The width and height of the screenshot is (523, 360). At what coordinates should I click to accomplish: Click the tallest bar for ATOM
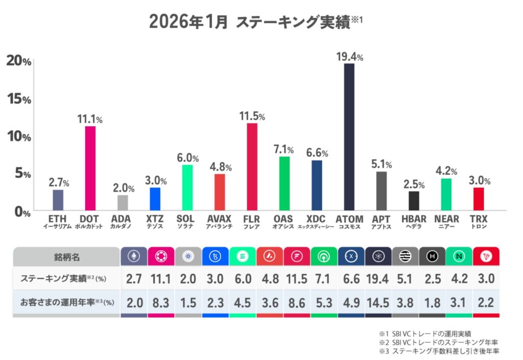pyautogui.click(x=349, y=136)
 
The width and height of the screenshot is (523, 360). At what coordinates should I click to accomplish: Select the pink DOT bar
pyautogui.click(x=90, y=168)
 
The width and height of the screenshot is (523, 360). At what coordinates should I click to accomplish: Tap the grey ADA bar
pyautogui.click(x=123, y=202)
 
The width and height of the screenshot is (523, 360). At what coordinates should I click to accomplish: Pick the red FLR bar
pyautogui.click(x=252, y=166)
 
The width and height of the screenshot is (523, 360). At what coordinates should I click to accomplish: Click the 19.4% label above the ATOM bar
pyautogui.click(x=349, y=57)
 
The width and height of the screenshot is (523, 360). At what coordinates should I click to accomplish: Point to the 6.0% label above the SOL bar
pyautogui.click(x=187, y=158)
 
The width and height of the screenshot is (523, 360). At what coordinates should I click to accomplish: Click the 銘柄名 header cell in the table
pyautogui.click(x=66, y=257)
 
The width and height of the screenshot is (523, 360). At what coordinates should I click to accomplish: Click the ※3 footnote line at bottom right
pyautogui.click(x=439, y=351)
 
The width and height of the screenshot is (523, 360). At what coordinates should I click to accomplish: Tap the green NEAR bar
pyautogui.click(x=446, y=194)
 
